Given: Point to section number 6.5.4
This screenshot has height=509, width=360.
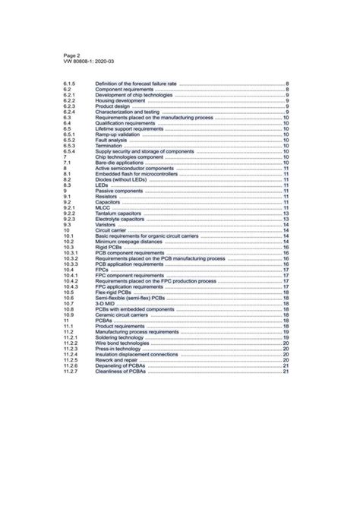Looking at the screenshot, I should coord(69,151).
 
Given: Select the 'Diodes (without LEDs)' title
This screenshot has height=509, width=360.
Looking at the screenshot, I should coord(122,179).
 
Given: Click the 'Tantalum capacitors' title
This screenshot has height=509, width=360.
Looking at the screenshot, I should coord(121,213).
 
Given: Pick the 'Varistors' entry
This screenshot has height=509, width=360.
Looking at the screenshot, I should coord(106,225).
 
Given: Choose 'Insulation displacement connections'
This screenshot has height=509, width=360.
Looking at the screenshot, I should coord(136,354).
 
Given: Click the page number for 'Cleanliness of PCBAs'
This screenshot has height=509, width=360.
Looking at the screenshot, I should coord(286,371).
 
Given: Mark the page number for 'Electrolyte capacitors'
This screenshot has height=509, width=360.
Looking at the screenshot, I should coord(286,219).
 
